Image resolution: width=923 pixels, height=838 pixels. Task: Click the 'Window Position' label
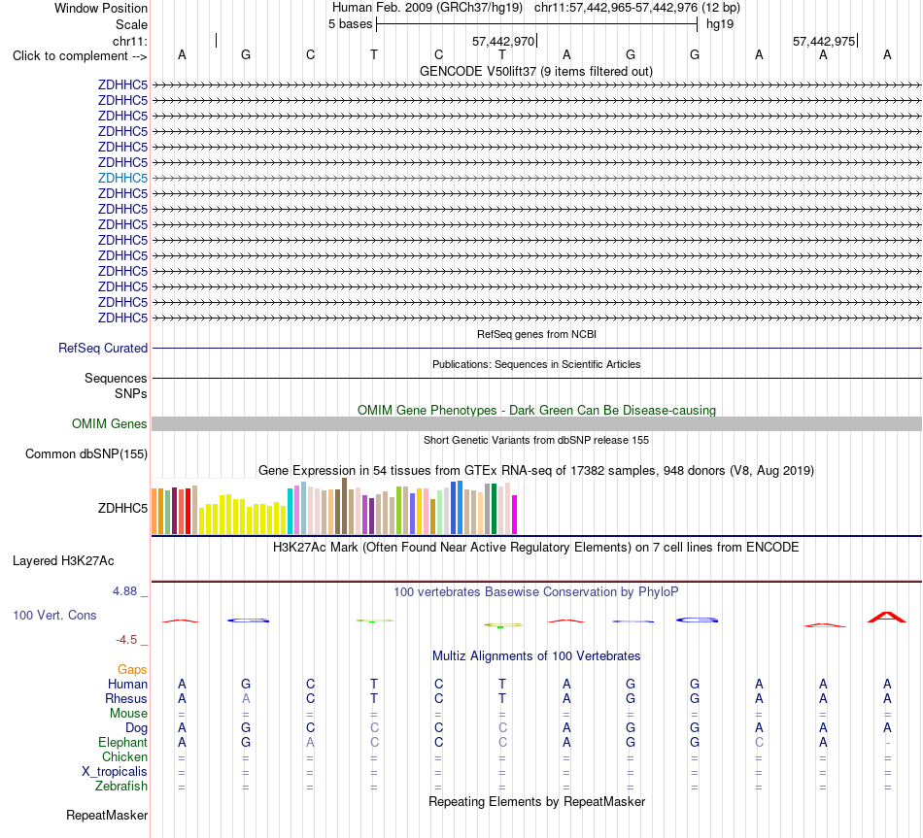(101, 8)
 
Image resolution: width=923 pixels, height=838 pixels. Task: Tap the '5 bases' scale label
(350, 24)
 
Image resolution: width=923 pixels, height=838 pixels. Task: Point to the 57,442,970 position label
(503, 41)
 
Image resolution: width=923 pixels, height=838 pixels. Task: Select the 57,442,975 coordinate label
(824, 41)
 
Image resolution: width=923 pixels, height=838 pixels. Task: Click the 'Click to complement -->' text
(80, 56)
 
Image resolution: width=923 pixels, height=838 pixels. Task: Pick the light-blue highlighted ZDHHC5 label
(122, 178)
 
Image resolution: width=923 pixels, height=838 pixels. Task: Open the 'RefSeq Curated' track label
(103, 348)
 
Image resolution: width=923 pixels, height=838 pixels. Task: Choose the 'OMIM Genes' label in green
(110, 423)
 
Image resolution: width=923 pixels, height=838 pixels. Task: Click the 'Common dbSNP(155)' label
(86, 453)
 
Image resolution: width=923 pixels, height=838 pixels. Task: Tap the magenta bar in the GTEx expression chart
(515, 515)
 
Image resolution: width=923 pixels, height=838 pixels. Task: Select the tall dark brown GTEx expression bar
(344, 506)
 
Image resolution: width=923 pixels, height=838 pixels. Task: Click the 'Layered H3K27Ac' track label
(63, 561)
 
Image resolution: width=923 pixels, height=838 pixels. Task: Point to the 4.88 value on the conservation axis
(124, 590)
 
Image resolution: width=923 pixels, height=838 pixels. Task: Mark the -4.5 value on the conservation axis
(126, 640)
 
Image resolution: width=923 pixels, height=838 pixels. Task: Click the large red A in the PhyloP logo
(887, 617)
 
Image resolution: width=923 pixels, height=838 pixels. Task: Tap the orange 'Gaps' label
(132, 669)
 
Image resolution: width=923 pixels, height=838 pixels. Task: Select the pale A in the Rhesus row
(246, 698)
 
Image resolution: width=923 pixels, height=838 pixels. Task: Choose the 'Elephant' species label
(122, 742)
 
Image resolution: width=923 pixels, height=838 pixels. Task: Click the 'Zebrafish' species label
(121, 786)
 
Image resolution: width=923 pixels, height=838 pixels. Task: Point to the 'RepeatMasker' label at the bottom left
(107, 815)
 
